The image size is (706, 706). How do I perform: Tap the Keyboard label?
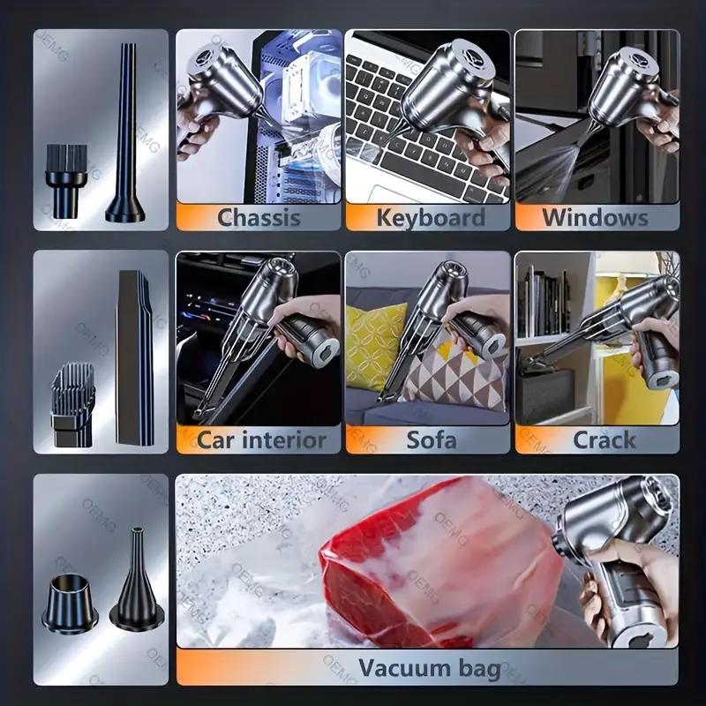430,217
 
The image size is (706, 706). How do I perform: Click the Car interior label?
260,439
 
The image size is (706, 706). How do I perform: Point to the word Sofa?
431,439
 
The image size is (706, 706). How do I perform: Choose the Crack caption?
604,439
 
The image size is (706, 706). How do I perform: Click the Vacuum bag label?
430,668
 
